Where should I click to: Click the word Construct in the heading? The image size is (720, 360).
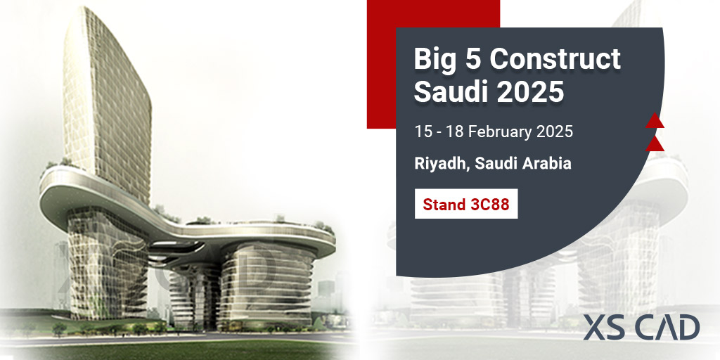[555, 59]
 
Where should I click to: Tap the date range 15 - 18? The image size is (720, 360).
[439, 131]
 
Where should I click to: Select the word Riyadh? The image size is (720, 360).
[440, 164]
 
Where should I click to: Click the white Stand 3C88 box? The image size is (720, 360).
[466, 204]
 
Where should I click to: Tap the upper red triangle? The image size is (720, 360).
[655, 121]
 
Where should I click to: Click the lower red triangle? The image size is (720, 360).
[655, 145]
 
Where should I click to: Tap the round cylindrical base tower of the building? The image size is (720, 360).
[264, 281]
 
